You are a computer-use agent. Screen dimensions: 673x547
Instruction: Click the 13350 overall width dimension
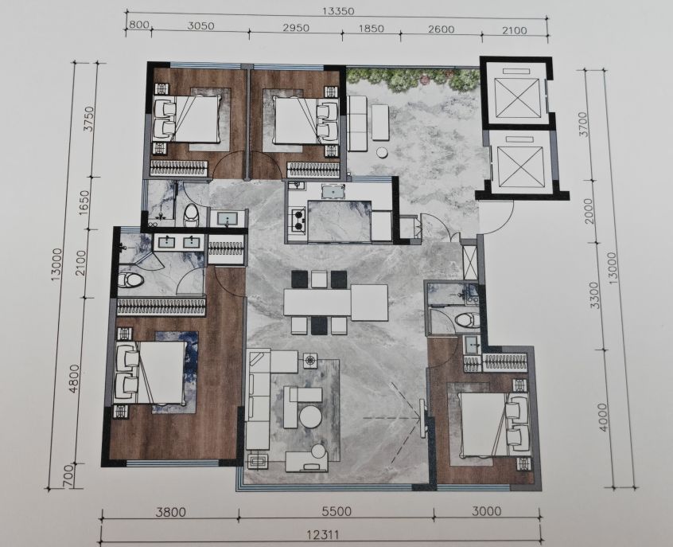click(x=339, y=11)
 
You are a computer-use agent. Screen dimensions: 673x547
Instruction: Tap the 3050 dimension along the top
click(x=201, y=25)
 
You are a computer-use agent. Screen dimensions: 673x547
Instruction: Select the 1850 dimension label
click(x=371, y=29)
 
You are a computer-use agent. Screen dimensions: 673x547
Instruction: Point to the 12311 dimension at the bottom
click(x=323, y=535)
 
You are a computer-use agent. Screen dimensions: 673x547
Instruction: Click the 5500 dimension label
click(x=337, y=512)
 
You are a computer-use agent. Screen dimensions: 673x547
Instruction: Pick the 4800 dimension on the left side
click(x=74, y=378)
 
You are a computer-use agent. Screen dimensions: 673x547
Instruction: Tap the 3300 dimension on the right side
click(x=594, y=295)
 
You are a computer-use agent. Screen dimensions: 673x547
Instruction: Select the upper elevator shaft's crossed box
click(x=517, y=98)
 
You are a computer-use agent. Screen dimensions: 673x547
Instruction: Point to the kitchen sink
click(x=333, y=191)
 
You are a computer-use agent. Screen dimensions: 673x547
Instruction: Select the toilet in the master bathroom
click(x=130, y=280)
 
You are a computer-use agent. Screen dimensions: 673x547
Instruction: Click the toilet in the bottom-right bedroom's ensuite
click(x=466, y=320)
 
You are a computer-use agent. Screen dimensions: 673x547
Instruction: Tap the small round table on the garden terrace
click(x=382, y=153)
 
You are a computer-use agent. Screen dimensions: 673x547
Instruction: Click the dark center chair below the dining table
click(x=318, y=326)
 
